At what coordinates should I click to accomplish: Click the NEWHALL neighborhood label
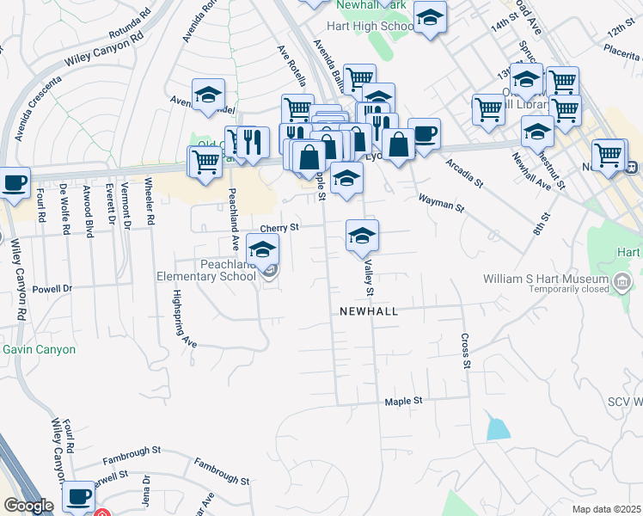pos(369,311)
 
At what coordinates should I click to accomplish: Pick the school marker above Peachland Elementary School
pos(262,250)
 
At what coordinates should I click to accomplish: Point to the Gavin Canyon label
pos(39,350)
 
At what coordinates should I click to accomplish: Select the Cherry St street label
pos(279,228)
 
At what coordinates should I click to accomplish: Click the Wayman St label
pos(441,203)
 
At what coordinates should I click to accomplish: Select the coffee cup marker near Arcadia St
pos(424,134)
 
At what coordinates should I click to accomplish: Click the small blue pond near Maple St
pos(497,428)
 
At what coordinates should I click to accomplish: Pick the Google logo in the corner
pos(28,507)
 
